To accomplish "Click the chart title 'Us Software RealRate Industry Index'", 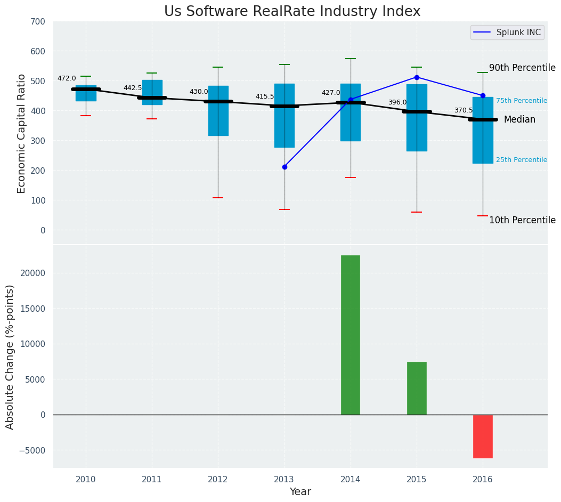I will click(292, 12).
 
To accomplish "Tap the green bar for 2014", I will click(351, 335).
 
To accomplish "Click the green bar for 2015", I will click(417, 388).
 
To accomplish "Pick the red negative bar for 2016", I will click(483, 436).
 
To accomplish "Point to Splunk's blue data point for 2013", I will click(284, 167).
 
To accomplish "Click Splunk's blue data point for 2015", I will click(417, 77).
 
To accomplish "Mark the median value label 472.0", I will click(67, 79).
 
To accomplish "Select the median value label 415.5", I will click(265, 97).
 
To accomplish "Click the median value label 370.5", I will click(464, 111).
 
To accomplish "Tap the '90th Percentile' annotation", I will click(522, 68).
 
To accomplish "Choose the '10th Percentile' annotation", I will click(522, 221).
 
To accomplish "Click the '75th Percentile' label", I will click(521, 101).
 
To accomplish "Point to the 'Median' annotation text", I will click(519, 120).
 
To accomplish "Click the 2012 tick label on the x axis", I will click(218, 480).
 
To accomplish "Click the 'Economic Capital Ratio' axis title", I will click(22, 133).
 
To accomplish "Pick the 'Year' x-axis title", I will click(300, 492).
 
